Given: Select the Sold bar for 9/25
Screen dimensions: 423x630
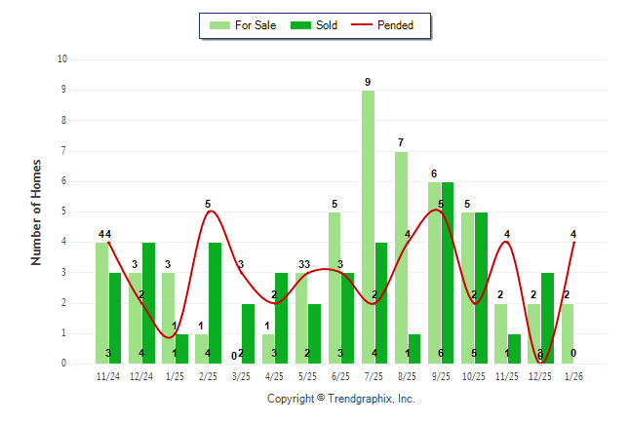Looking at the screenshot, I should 447,273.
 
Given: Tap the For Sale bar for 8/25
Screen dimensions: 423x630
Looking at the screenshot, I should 401,257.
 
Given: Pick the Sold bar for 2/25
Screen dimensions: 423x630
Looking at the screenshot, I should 215,303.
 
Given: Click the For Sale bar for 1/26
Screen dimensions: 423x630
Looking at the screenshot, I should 567,333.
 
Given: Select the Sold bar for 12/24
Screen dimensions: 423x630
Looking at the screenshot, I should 148,303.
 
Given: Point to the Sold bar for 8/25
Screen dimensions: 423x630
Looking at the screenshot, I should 413,348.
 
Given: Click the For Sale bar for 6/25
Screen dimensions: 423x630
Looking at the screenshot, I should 335,288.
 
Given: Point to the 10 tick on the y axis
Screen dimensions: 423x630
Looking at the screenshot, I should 62,59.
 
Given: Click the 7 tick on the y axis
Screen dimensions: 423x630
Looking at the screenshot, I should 63,151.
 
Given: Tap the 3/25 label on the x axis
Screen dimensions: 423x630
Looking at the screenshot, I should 242,376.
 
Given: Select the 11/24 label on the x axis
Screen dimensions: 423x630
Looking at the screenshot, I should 108,376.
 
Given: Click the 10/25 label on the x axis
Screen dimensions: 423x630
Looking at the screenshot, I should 474,376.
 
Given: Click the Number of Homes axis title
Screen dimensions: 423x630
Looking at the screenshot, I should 37,211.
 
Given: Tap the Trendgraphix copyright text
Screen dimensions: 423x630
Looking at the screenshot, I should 340,399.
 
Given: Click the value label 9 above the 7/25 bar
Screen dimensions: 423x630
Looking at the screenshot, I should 368,82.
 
